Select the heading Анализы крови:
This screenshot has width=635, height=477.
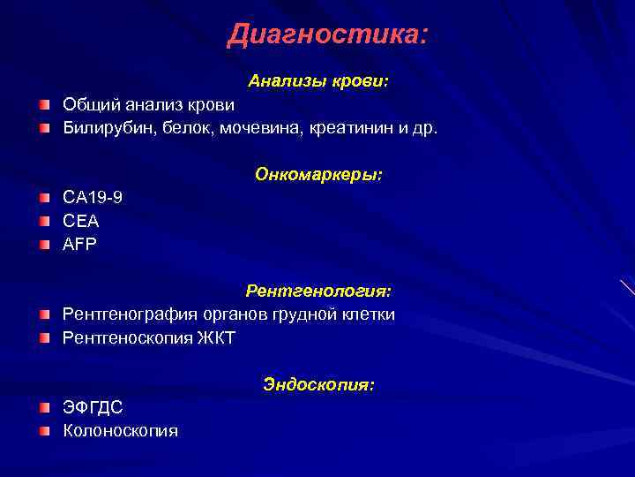[x=318, y=81]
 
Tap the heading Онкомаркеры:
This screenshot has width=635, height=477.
[x=318, y=174]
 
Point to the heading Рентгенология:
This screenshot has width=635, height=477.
[x=318, y=291]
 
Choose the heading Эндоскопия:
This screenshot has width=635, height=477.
[x=318, y=385]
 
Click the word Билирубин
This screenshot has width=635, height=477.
[x=101, y=129]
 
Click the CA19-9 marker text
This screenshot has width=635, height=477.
[x=93, y=198]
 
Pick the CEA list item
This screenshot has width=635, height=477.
[x=81, y=222]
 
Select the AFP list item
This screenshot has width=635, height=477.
[x=81, y=245]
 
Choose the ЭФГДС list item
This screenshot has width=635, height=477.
[x=93, y=408]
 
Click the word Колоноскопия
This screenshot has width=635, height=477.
[x=120, y=431]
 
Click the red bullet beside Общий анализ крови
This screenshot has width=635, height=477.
[x=45, y=106]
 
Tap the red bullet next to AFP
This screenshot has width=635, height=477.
[x=45, y=245]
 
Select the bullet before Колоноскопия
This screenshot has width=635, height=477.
[x=45, y=431]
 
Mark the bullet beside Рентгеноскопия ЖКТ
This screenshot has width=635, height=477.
[x=45, y=337]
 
